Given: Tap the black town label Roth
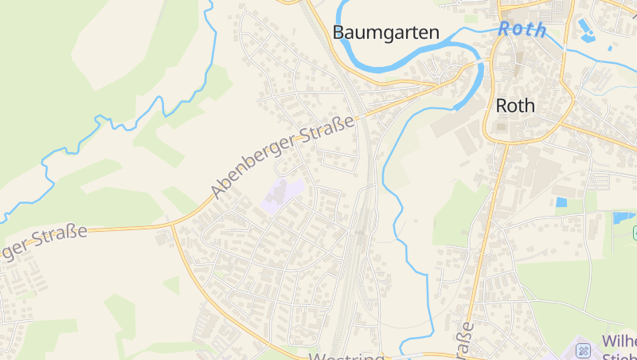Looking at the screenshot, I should pyautogui.click(x=514, y=106).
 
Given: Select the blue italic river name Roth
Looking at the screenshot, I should pyautogui.click(x=522, y=30).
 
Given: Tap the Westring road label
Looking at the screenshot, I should pyautogui.click(x=346, y=356).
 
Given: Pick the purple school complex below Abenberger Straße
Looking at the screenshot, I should pyautogui.click(x=281, y=194).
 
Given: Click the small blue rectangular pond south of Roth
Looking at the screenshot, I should pyautogui.click(x=561, y=202).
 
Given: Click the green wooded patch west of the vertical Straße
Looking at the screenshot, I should pyautogui.click(x=454, y=215).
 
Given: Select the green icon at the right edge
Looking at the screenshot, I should pyautogui.click(x=634, y=232).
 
